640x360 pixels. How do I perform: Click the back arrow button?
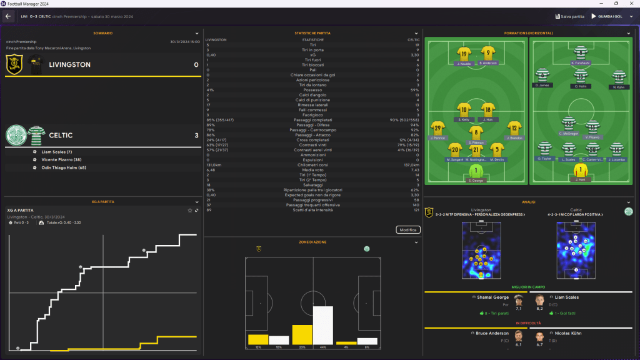pos(9,16)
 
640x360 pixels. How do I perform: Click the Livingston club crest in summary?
pos(15,64)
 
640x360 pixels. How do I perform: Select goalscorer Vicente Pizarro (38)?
pos(64,159)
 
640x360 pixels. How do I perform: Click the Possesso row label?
pos(312,90)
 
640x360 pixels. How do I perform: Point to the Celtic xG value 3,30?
pos(414,55)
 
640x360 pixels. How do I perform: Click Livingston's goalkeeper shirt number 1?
pos(476,171)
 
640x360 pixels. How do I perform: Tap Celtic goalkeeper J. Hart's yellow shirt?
pos(581,171)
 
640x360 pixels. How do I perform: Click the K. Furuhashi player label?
pos(581,64)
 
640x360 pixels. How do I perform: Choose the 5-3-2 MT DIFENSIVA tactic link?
pos(477,214)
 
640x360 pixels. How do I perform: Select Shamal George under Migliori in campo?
pos(492,297)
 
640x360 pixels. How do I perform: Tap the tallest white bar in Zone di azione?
pos(322,325)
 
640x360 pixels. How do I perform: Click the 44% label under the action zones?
pos(322,347)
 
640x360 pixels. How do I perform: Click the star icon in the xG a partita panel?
pos(189,210)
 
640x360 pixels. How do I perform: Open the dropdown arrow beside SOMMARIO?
pos(197,33)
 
